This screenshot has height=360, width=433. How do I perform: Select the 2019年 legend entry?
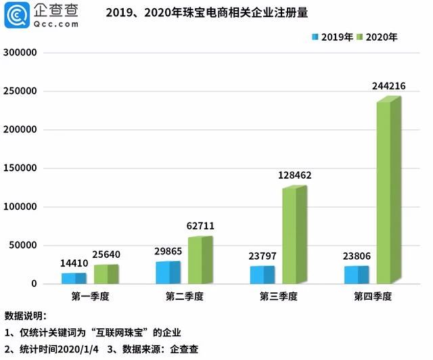(x=332, y=37)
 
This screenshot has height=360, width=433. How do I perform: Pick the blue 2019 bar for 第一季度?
(x=72, y=278)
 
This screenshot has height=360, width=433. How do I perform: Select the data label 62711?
(x=200, y=225)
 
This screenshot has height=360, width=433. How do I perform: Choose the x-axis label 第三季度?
(x=278, y=297)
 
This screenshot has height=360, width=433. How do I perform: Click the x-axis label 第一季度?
(x=90, y=297)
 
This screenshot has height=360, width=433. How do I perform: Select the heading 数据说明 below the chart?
(x=25, y=316)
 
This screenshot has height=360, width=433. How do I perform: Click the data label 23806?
(x=357, y=256)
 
